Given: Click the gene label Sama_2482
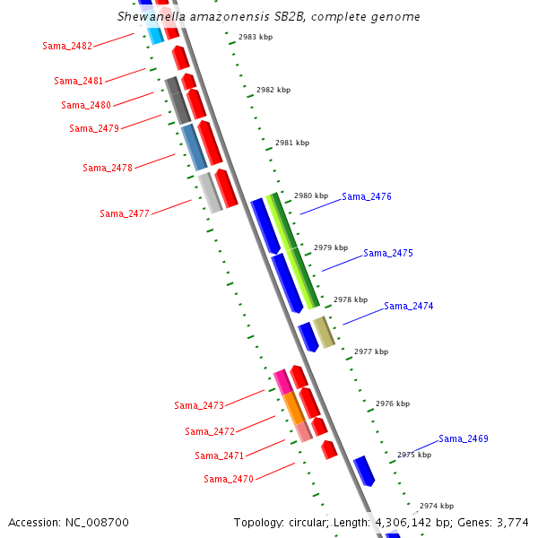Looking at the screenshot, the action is (66, 46).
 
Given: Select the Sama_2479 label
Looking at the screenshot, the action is (94, 128).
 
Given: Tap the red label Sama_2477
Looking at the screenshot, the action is (125, 213).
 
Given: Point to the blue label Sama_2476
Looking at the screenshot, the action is (367, 196).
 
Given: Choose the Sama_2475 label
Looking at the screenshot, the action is (388, 254).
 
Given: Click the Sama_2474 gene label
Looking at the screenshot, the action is (409, 306).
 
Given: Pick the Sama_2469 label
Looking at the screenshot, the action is (464, 438).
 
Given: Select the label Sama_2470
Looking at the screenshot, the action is (229, 479).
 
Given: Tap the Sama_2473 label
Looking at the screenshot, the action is (199, 405).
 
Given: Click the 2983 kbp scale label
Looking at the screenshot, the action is (256, 37).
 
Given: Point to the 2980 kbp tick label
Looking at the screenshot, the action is (311, 195).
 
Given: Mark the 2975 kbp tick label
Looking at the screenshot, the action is (414, 455).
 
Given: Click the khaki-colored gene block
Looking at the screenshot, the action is (324, 332).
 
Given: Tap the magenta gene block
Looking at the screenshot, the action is (282, 381).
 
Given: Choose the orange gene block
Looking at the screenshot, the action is (293, 408).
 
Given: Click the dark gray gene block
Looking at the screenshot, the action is (178, 100).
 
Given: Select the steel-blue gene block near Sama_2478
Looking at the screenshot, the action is (194, 148).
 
